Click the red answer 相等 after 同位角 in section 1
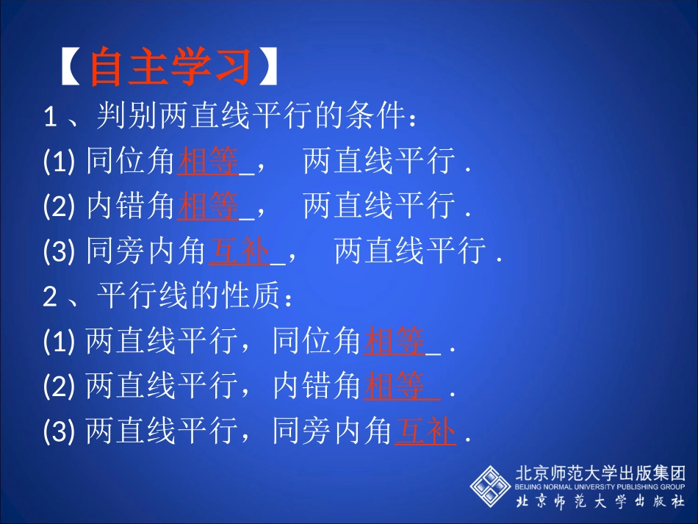pos(209,162)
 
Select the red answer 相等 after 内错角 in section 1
pos(209,207)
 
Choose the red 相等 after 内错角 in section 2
pos(395,387)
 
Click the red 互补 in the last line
pos(425,432)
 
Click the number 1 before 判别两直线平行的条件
pos(51,117)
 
